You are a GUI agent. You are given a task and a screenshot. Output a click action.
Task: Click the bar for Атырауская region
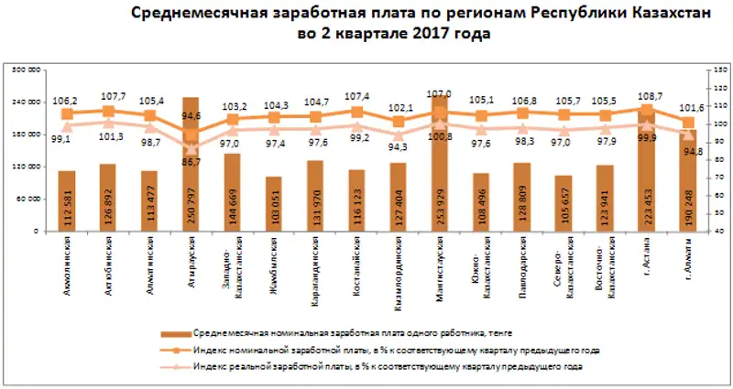pos(191,174)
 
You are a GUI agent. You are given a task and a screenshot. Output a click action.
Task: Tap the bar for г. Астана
pos(648,178)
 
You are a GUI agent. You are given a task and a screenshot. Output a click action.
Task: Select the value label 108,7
pos(647,95)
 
